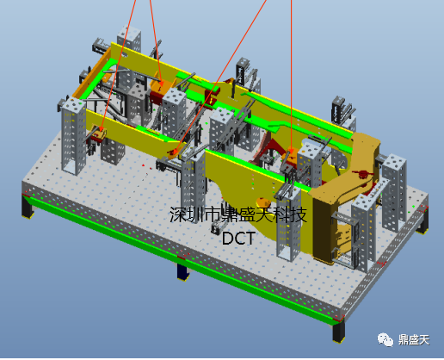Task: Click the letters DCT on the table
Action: point(238,238)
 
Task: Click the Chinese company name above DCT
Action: point(238,214)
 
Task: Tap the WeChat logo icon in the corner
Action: point(385,340)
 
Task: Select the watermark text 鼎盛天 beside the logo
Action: point(414,340)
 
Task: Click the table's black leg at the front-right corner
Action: point(338,332)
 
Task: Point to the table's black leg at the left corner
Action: point(28,206)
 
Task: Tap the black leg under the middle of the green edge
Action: point(182,271)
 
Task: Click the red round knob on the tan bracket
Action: point(364,174)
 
